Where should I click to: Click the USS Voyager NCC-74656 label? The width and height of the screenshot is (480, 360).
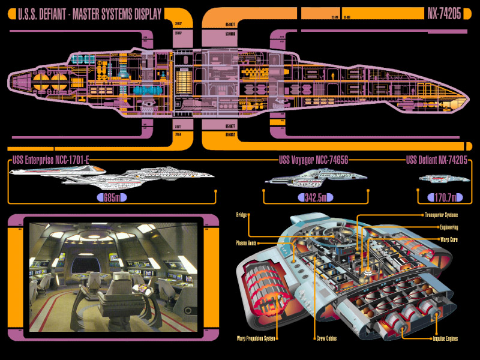(314, 160)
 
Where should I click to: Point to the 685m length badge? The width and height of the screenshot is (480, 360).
(113, 197)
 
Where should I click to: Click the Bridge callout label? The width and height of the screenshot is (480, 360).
(242, 214)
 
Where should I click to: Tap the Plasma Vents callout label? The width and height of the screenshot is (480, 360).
(247, 243)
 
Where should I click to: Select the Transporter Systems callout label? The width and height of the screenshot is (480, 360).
(441, 215)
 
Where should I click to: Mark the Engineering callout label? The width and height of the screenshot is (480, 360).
(449, 228)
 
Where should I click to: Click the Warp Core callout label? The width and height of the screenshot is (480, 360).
(449, 239)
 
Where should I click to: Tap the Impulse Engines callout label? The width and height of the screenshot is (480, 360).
(445, 338)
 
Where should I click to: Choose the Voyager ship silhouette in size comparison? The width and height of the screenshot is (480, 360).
(316, 178)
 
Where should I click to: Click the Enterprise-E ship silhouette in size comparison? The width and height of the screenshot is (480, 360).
(114, 175)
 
